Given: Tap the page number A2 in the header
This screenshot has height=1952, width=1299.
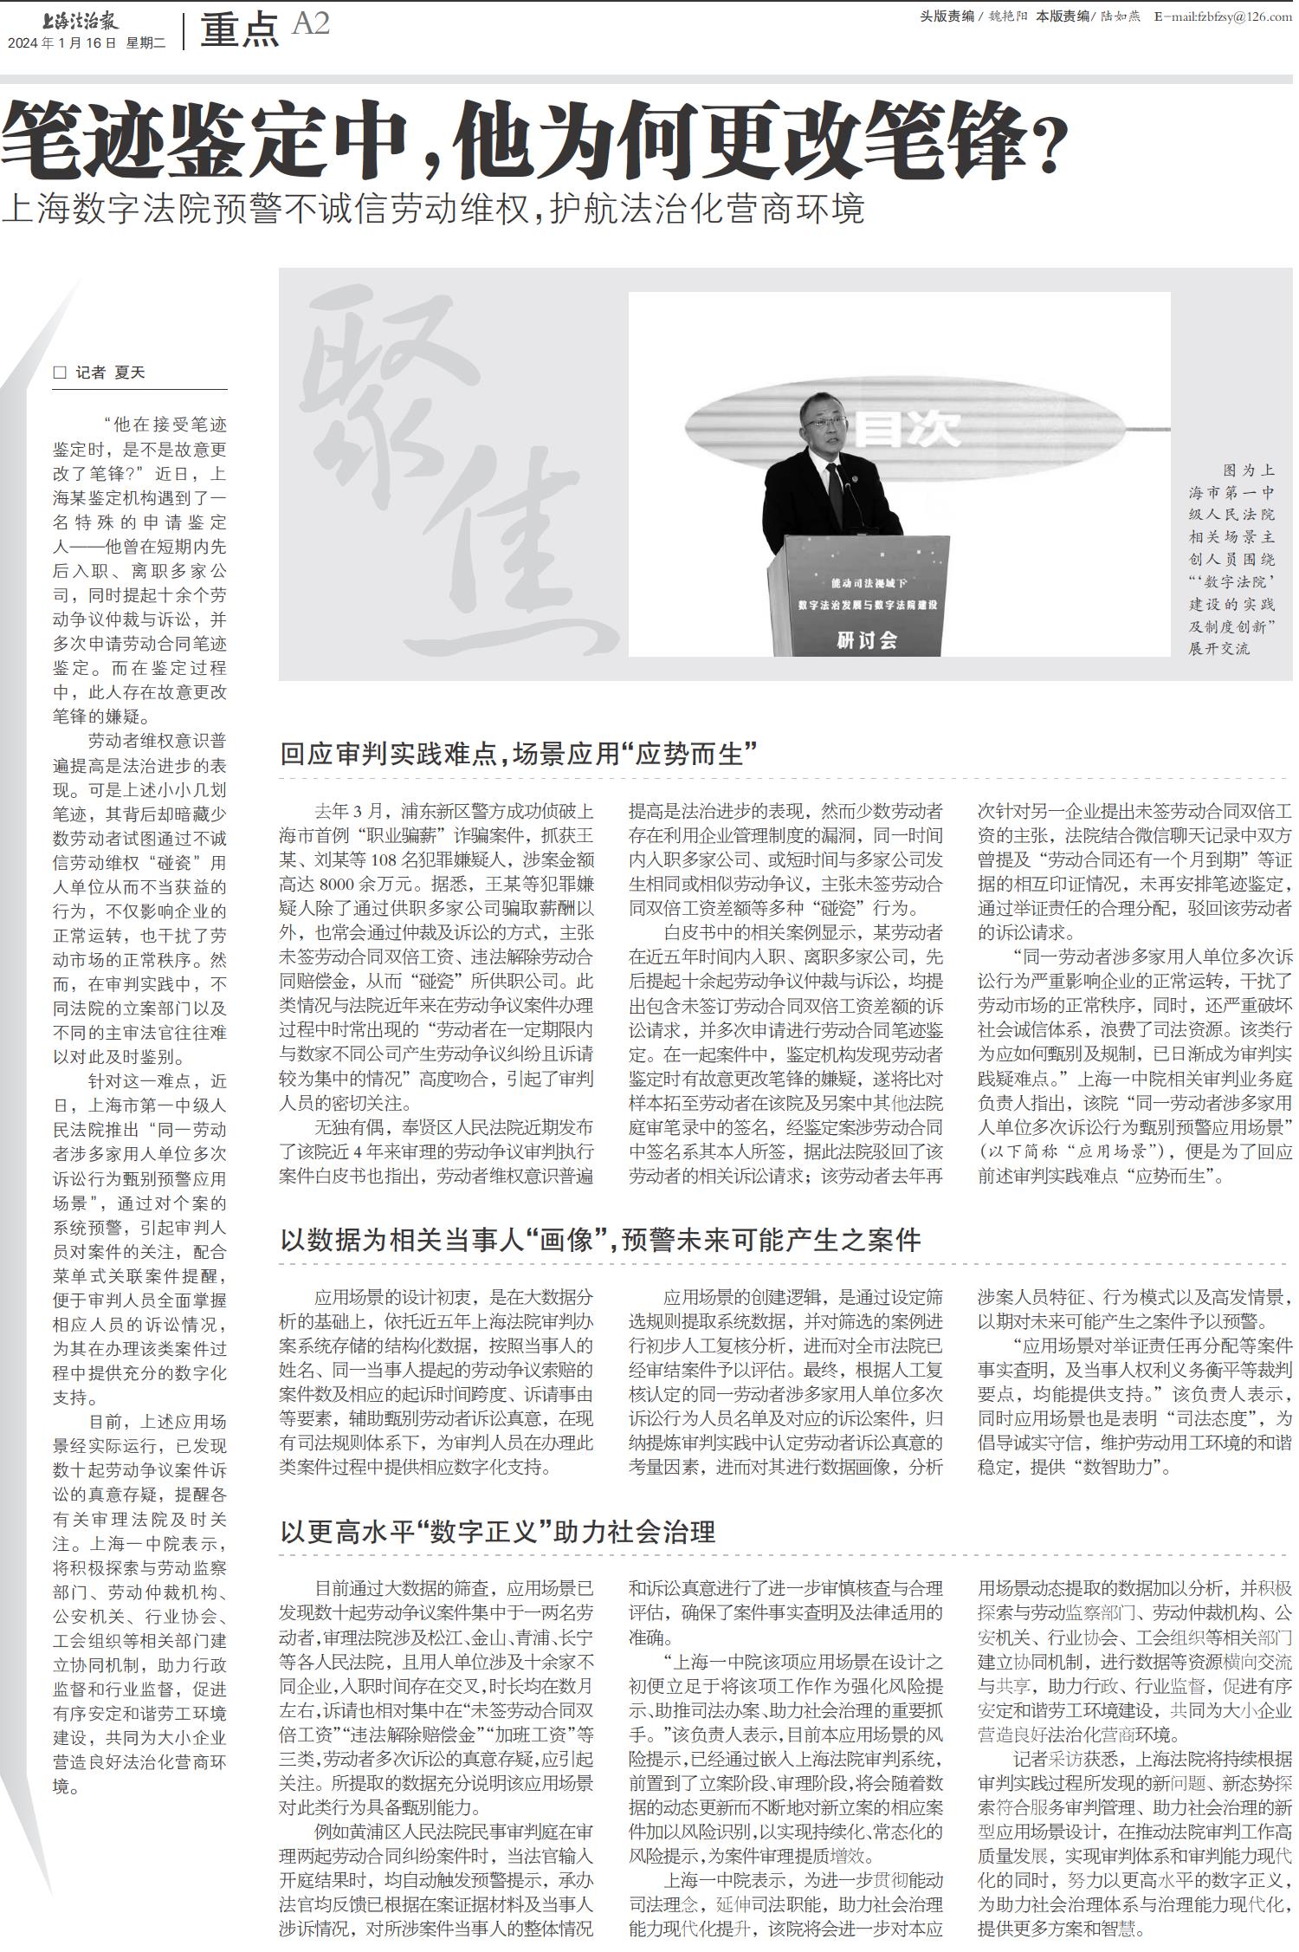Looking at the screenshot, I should pos(311,24).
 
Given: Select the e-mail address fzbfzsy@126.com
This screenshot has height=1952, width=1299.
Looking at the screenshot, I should pos(1229,17).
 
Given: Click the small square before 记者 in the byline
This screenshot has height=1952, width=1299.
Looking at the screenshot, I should pos(60,373).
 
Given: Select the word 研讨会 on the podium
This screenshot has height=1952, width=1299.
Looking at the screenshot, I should pos(866,640).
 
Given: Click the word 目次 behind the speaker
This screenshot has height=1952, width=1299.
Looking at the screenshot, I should pos(908,429).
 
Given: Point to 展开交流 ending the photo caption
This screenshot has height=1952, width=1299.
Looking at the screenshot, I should pos(1218,648).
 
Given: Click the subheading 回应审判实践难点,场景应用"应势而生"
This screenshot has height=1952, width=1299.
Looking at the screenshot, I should pos(520,754).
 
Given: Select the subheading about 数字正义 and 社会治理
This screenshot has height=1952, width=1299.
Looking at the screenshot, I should pos(497,1532).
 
